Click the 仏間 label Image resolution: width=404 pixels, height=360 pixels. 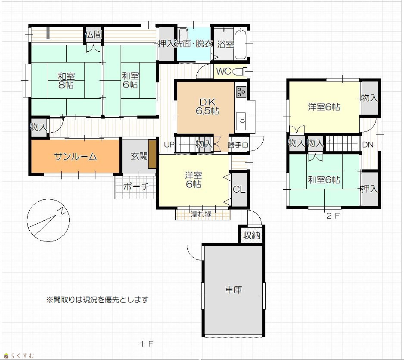93,34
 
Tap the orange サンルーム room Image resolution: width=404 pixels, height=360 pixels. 75,156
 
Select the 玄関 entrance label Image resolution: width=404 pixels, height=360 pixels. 139,156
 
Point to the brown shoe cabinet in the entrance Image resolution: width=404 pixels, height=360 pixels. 152,154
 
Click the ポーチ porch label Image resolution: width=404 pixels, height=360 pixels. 136,186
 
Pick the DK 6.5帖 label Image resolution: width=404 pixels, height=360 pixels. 208,106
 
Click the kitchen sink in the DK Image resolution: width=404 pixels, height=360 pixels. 241,121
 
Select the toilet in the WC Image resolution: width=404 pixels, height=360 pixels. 239,72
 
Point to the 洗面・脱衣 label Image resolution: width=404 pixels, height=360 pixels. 193,44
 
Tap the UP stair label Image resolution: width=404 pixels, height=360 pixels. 169,145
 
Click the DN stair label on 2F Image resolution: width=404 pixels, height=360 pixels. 368,145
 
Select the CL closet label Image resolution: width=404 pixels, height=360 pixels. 239,190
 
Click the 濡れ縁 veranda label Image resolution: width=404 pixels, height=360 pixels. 201,214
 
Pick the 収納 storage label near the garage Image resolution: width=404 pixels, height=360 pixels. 252,235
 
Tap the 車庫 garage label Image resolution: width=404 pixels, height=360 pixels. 233,290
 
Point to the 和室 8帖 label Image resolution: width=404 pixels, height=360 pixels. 66,81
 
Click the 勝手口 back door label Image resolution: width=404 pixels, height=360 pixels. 238,145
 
